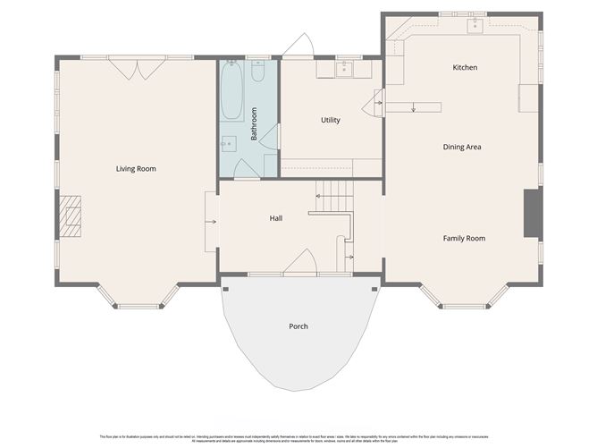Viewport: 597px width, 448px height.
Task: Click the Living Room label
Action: [136, 168]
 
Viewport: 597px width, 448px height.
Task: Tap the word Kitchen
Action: [465, 68]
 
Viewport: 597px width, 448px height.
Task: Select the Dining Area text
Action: [462, 147]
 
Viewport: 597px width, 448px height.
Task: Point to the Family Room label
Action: [464, 238]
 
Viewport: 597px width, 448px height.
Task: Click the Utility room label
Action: [331, 120]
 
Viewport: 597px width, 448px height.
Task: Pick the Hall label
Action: [277, 218]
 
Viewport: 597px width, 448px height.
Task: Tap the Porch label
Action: [298, 326]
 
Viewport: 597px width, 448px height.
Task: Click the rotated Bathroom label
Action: [255, 123]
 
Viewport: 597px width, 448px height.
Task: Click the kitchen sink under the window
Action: [475, 25]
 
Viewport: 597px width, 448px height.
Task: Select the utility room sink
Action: [345, 68]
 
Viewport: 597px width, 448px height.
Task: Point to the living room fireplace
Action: [70, 216]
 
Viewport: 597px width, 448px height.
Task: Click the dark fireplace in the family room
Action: [532, 214]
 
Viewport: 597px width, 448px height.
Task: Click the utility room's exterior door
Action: [298, 46]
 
